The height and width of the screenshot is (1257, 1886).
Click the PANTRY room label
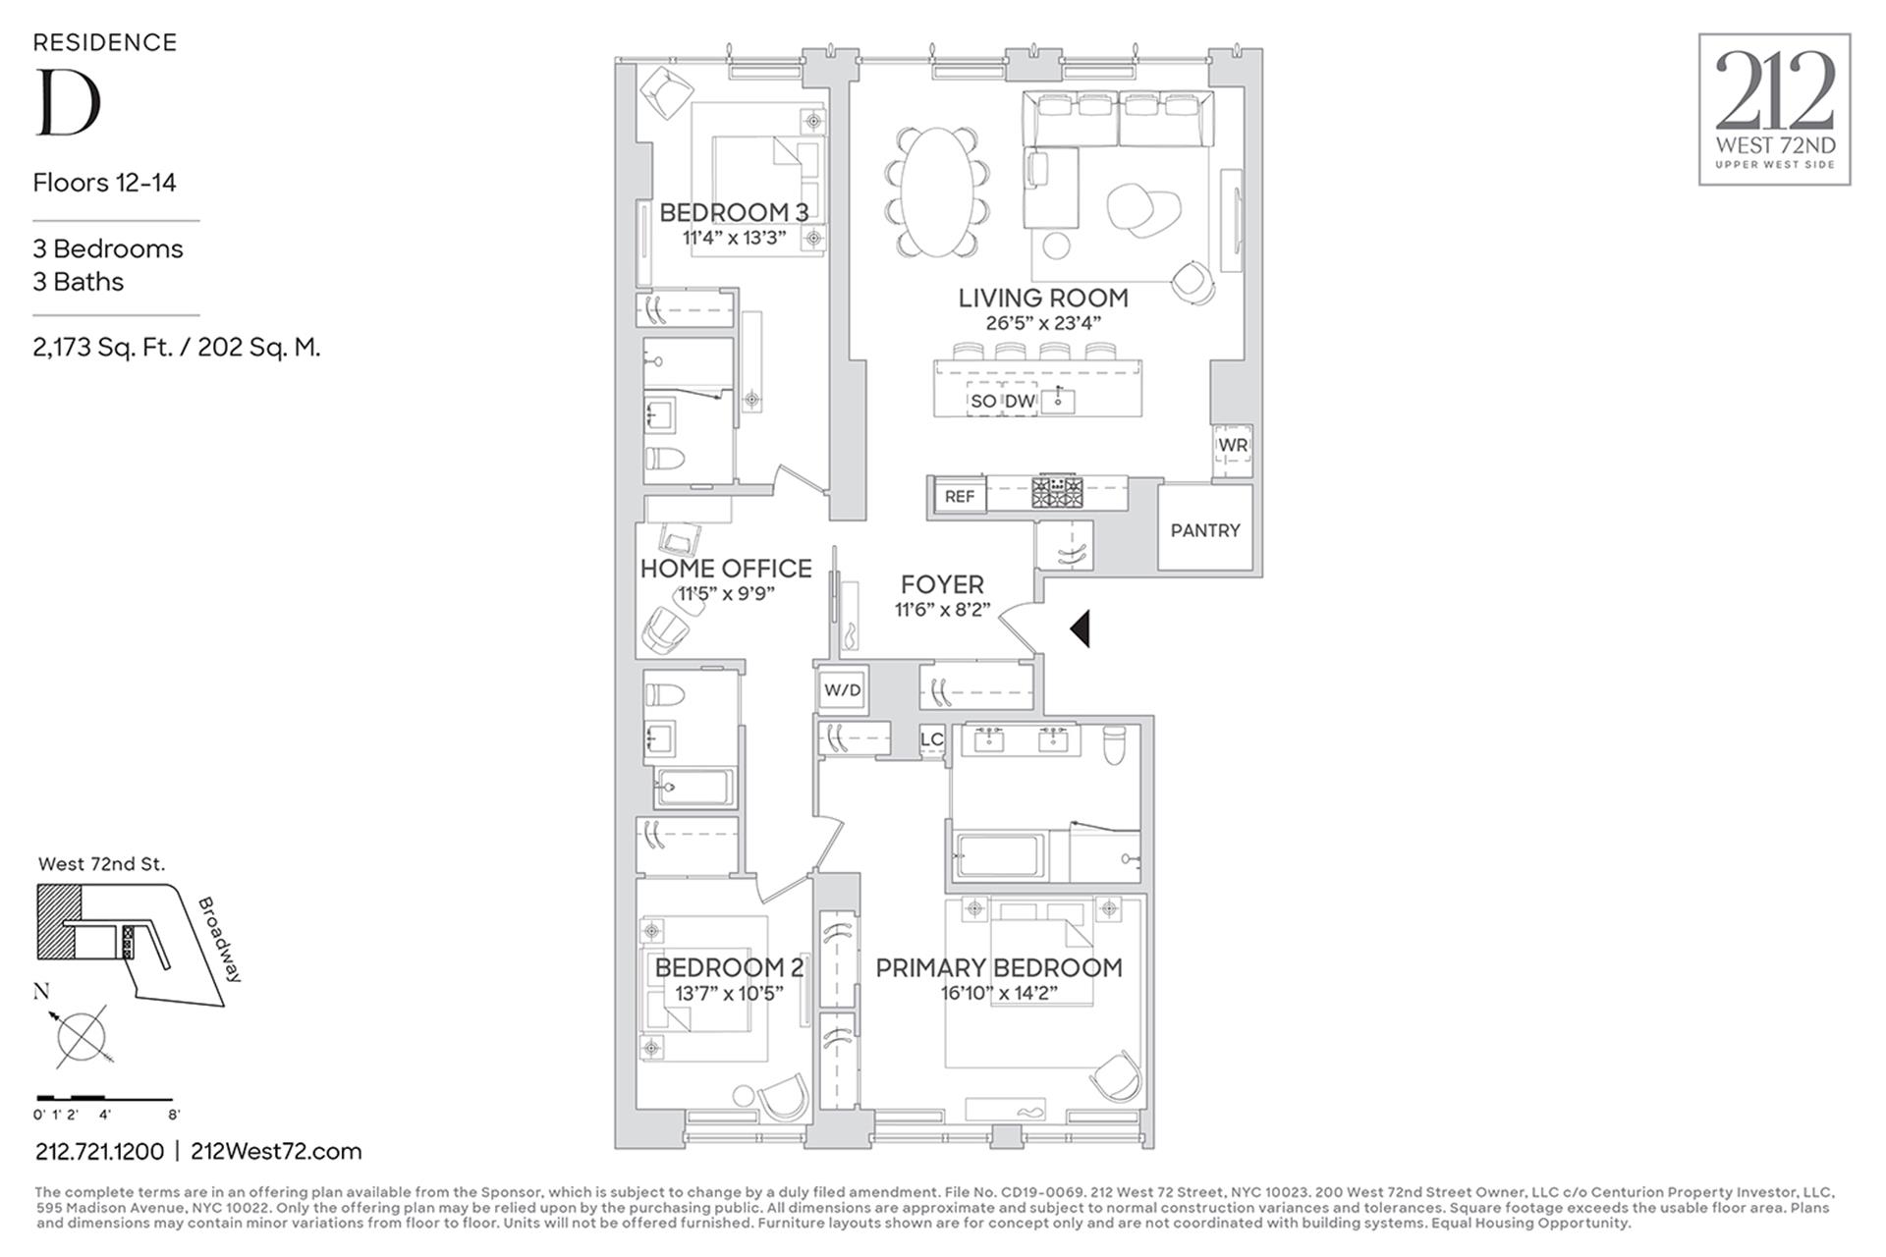click(x=1204, y=530)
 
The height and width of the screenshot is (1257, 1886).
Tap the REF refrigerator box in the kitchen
click(x=959, y=497)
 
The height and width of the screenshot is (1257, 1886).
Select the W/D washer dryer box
click(x=842, y=690)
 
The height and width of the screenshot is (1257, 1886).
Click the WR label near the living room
click(x=1233, y=446)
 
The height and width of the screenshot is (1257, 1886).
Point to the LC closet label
click(x=931, y=739)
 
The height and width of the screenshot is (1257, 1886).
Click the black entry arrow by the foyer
click(x=1081, y=628)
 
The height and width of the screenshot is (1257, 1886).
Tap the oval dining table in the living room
click(x=937, y=192)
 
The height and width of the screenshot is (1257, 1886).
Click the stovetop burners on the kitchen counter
click(x=1057, y=492)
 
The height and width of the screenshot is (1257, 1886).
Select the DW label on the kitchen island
click(x=1020, y=401)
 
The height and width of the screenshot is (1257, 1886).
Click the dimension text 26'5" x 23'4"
click(x=1042, y=323)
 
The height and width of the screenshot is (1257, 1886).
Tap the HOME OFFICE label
click(x=726, y=569)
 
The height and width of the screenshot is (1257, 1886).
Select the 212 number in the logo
click(x=1775, y=90)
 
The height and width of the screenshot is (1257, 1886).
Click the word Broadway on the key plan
click(x=220, y=939)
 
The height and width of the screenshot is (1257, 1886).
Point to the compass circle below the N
click(x=81, y=1036)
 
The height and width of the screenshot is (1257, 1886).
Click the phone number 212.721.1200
click(x=99, y=1151)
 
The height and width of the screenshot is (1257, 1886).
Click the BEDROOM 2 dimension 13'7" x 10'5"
click(x=729, y=993)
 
